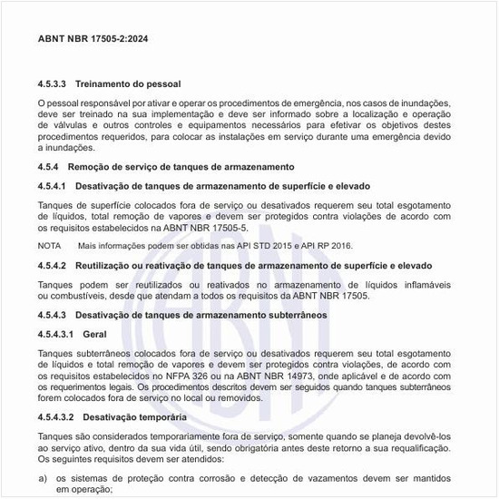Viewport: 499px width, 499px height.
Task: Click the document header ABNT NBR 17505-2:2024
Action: coord(93,40)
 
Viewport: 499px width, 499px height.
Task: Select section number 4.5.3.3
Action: coord(54,83)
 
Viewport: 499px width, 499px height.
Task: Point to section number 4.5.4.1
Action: coord(53,185)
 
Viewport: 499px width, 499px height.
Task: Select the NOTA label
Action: coord(50,246)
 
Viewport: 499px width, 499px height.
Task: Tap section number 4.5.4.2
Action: coord(53,265)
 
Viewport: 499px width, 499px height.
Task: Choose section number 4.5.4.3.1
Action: coord(56,333)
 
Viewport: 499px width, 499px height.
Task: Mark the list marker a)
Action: coord(43,476)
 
